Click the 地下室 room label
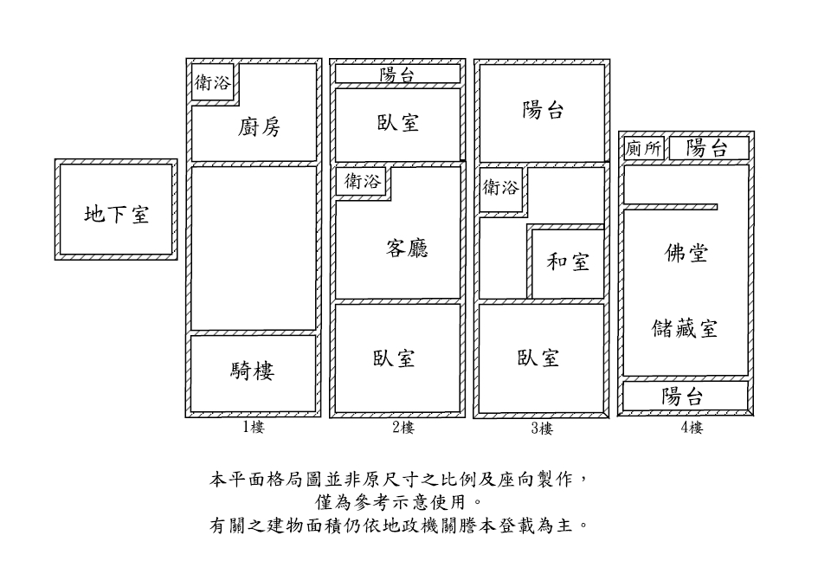pyautogui.click(x=116, y=214)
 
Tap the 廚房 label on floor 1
pyautogui.click(x=259, y=128)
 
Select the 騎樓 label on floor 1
pyautogui.click(x=253, y=371)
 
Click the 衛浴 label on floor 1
pyautogui.click(x=212, y=83)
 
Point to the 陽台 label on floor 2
pyautogui.click(x=398, y=75)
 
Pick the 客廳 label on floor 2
pyautogui.click(x=407, y=248)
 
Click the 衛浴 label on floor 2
pyautogui.click(x=362, y=182)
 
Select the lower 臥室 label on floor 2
pyautogui.click(x=395, y=358)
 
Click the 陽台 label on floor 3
pyautogui.click(x=544, y=110)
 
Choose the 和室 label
pyautogui.click(x=568, y=261)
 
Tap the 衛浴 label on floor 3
pyautogui.click(x=500, y=187)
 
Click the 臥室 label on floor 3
pyautogui.click(x=538, y=358)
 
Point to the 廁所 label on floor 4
pyautogui.click(x=643, y=149)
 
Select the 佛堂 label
pyautogui.click(x=686, y=253)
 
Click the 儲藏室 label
pyautogui.click(x=685, y=329)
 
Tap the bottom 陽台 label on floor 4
pyautogui.click(x=683, y=397)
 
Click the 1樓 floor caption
pyautogui.click(x=254, y=427)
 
